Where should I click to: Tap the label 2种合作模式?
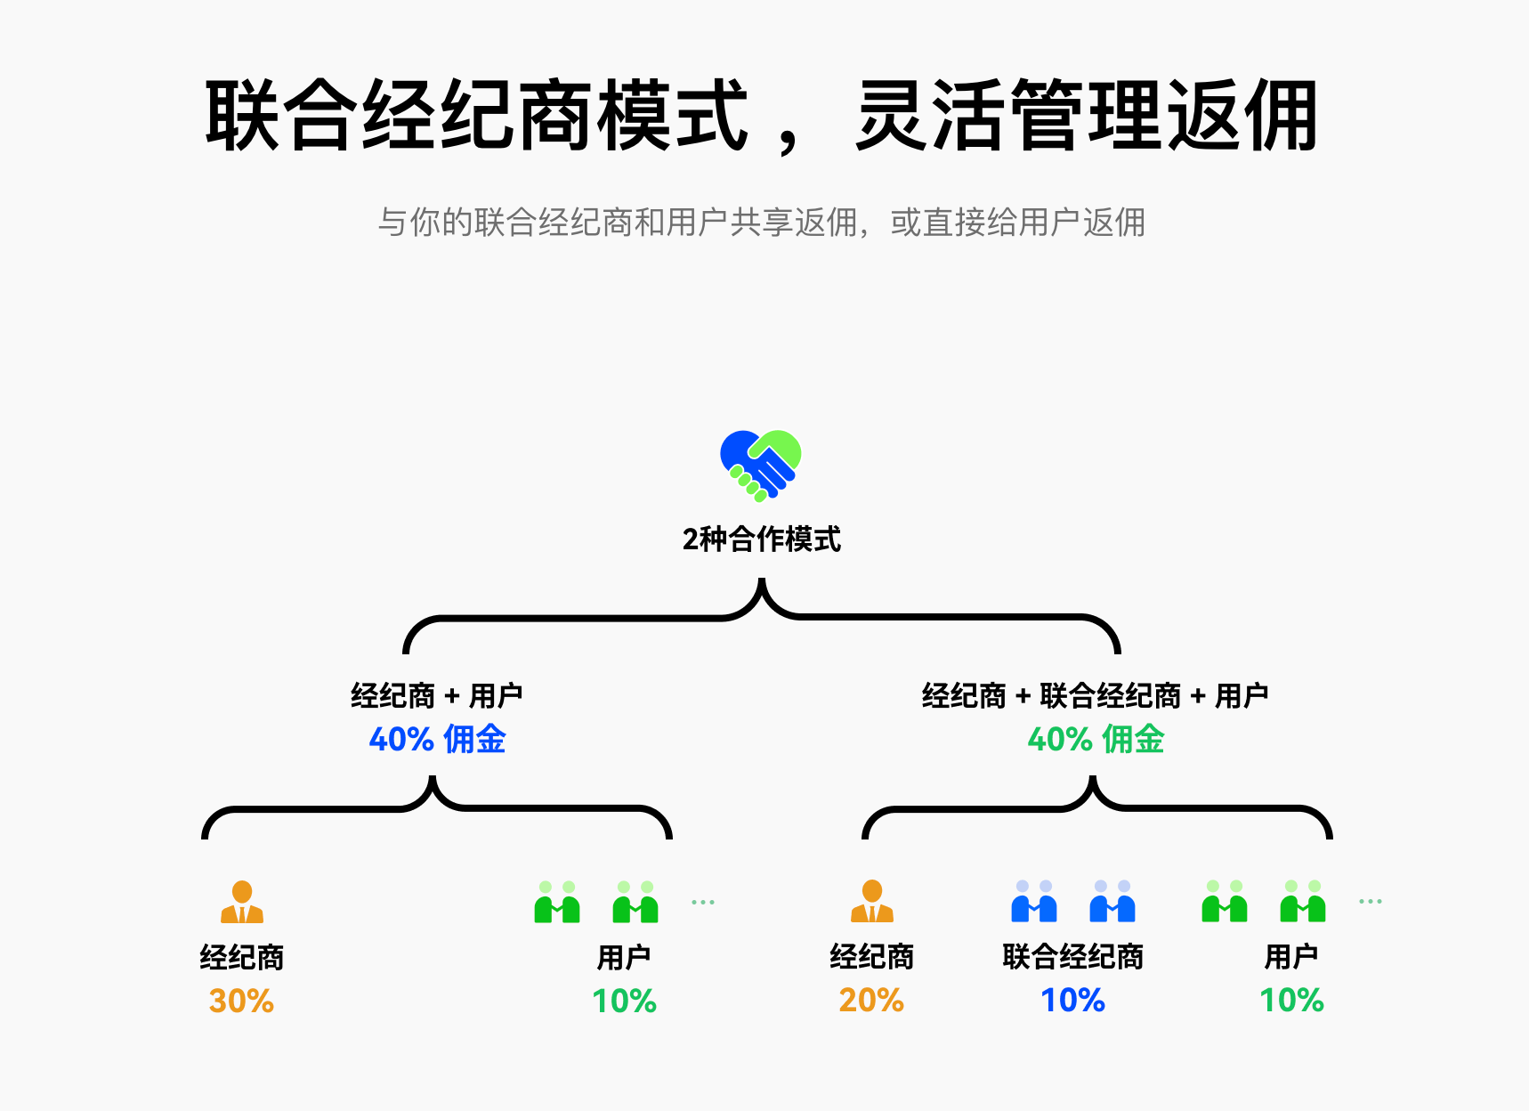[x=761, y=539]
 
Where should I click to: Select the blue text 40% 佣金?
[x=437, y=740]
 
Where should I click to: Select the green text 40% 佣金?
[x=1096, y=740]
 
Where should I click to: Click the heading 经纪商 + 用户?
[x=436, y=695]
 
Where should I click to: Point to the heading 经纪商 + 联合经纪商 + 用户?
[x=1095, y=695]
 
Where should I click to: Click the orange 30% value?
[x=241, y=1002]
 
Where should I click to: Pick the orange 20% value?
[x=871, y=1001]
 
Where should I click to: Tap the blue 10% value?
[x=1073, y=1001]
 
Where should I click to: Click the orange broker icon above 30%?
[x=242, y=902]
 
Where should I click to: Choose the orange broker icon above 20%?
[x=872, y=901]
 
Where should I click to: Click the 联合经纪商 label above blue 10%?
[x=1073, y=957]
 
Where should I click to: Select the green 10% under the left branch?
[x=624, y=1002]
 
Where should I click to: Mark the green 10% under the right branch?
[x=1291, y=1001]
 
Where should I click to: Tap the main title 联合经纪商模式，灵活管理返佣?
[x=761, y=116]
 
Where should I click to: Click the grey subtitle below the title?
[x=761, y=223]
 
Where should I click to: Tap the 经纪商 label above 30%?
[x=241, y=958]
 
